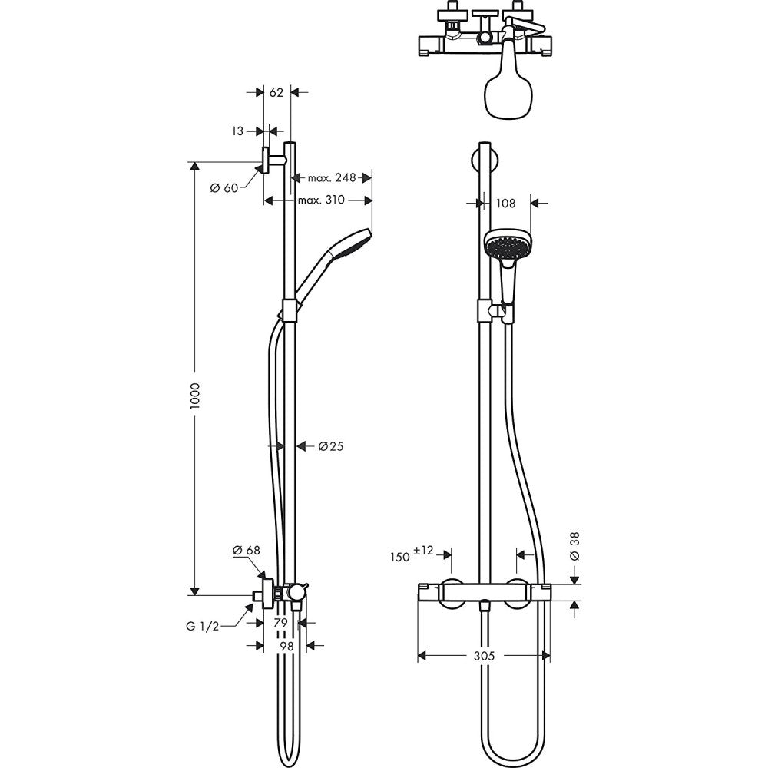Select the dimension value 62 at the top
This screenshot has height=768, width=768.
(x=276, y=92)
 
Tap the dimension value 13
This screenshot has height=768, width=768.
(x=237, y=131)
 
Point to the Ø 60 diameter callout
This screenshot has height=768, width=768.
(x=224, y=188)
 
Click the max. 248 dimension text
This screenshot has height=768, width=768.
(x=332, y=178)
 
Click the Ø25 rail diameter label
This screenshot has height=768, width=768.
(x=330, y=445)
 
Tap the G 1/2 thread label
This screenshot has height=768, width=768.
(x=203, y=627)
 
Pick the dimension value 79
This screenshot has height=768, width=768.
(x=280, y=622)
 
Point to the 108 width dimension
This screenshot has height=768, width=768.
(x=505, y=204)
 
